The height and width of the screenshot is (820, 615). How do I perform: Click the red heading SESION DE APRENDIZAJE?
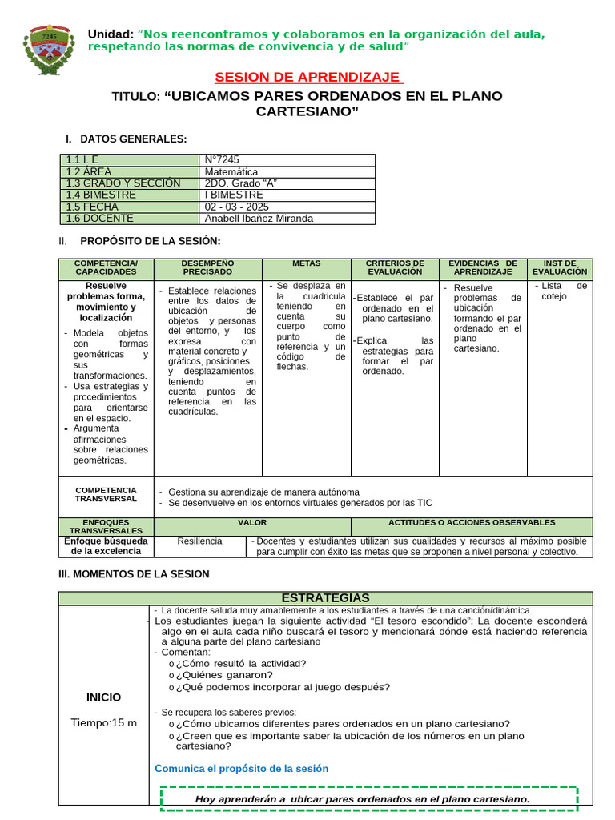pos(308,77)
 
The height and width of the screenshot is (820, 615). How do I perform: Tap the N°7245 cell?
pos(223,160)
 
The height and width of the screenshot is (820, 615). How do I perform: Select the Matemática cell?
pos(231,171)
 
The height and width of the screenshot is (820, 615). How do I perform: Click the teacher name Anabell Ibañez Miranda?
pos(259,219)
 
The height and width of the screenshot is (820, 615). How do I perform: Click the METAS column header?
pos(306,263)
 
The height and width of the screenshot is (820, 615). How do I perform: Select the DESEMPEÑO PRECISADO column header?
pos(207,267)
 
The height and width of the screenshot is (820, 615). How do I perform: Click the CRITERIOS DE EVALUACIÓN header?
pos(395,267)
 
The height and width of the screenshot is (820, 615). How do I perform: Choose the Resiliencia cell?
pos(199,541)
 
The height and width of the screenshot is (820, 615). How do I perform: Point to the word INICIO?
pos(104,697)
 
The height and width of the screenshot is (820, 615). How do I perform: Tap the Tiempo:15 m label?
pos(104,722)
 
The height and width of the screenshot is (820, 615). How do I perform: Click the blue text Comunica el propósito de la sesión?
pos(241,768)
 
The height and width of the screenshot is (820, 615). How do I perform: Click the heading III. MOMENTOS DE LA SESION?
pos(135,574)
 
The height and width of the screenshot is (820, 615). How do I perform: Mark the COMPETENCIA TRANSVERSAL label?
pos(106,495)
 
